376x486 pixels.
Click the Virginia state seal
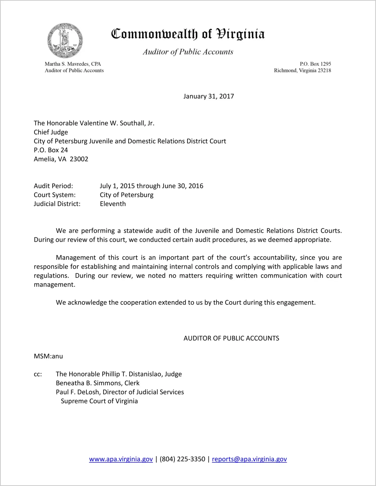(x=65, y=40)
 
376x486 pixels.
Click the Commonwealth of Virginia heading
(x=188, y=34)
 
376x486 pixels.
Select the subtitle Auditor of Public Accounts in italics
(x=188, y=52)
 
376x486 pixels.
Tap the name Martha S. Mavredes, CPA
(x=73, y=64)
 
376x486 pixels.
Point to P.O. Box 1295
(x=315, y=64)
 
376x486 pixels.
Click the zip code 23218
(x=324, y=70)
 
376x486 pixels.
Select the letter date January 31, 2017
(x=209, y=96)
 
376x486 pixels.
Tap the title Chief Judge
(x=51, y=132)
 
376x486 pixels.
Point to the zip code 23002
(x=79, y=159)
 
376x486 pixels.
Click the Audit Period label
(x=53, y=186)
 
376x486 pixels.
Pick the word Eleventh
(x=113, y=204)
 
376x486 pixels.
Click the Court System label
(x=55, y=195)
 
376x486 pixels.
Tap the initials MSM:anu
(x=48, y=356)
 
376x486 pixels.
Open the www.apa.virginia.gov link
(x=121, y=459)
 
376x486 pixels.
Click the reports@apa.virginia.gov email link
(x=249, y=459)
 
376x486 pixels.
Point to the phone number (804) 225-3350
(x=182, y=459)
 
